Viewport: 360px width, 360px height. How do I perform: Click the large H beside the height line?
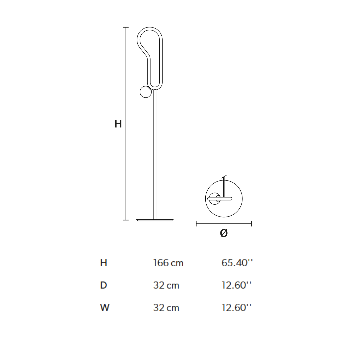pyautogui.click(x=118, y=124)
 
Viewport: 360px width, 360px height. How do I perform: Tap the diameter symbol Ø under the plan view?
pyautogui.click(x=224, y=233)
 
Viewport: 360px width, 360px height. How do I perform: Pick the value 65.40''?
pyautogui.click(x=237, y=263)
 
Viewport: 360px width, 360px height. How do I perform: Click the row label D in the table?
pyautogui.click(x=103, y=285)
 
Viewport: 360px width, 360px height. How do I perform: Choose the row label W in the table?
pyautogui.click(x=104, y=308)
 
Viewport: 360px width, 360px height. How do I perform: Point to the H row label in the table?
pyautogui.click(x=104, y=263)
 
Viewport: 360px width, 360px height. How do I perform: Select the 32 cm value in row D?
pyautogui.click(x=166, y=285)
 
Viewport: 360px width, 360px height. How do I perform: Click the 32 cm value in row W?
pyautogui.click(x=166, y=308)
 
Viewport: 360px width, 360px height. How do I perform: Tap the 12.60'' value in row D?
pyautogui.click(x=236, y=285)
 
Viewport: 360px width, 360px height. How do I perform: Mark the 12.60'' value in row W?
pyautogui.click(x=236, y=308)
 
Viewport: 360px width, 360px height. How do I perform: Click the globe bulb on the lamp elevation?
pyautogui.click(x=146, y=92)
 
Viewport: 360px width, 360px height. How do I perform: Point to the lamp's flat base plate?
pyautogui.click(x=155, y=220)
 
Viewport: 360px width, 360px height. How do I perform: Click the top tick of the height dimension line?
pyautogui.click(x=126, y=27)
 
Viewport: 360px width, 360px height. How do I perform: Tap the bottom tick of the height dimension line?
pyautogui.click(x=126, y=220)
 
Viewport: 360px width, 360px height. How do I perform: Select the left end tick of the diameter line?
pyautogui.click(x=196, y=224)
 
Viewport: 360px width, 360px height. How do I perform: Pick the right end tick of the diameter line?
pyautogui.click(x=251, y=224)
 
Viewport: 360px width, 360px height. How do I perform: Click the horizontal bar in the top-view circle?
pyautogui.click(x=220, y=199)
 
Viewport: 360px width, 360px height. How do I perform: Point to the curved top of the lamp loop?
pyautogui.click(x=150, y=28)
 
